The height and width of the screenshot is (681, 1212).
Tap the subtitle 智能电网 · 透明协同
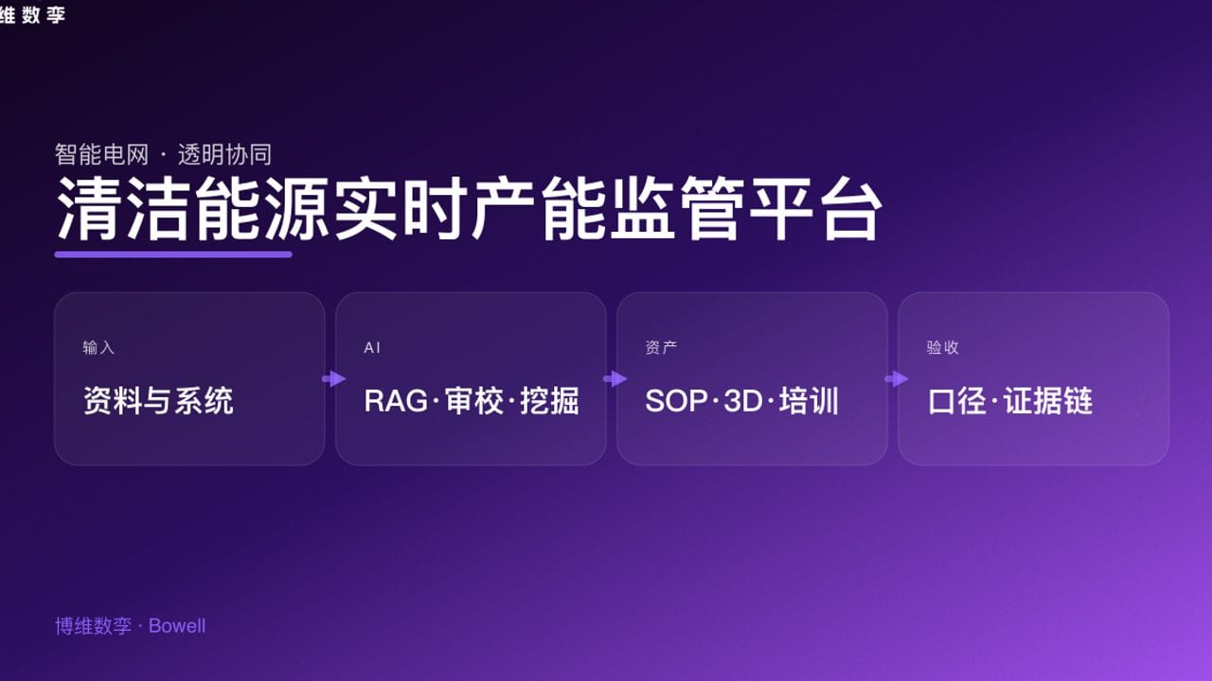[x=164, y=154]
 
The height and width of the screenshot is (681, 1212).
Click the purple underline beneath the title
[x=173, y=253]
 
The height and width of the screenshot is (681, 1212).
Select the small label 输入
[x=98, y=348]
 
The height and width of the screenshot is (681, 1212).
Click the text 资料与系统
[x=158, y=401]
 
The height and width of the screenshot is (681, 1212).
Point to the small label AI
[x=372, y=348]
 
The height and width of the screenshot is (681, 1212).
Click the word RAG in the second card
[x=396, y=401]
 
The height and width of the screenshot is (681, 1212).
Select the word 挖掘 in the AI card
[x=549, y=401]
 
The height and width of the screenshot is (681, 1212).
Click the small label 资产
[x=661, y=348]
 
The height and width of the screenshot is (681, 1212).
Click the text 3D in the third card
[x=742, y=401]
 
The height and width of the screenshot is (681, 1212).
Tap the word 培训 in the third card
[x=810, y=401]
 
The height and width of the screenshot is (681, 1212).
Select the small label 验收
[x=942, y=348]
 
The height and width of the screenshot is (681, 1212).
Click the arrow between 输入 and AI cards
[x=333, y=378]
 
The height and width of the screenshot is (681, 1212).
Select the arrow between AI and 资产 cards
[x=615, y=378]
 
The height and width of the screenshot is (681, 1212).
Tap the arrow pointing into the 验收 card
[x=896, y=378]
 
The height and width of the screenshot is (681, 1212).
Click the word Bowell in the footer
[x=177, y=626]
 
